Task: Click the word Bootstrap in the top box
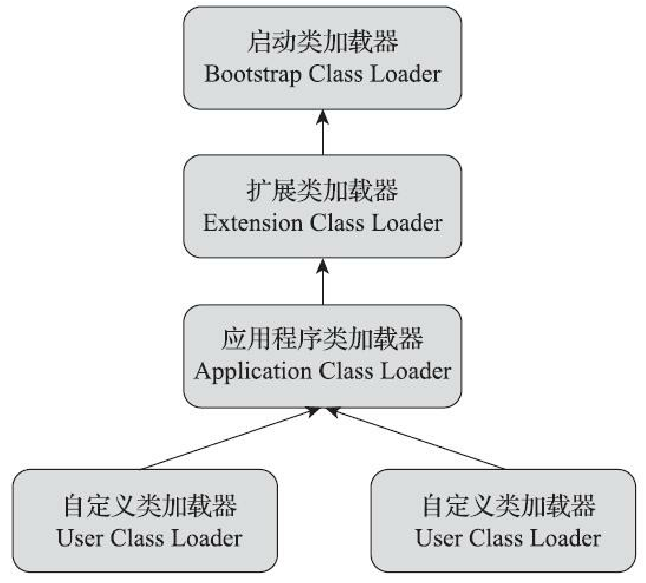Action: (253, 74)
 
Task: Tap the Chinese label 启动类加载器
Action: (322, 42)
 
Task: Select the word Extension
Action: (252, 223)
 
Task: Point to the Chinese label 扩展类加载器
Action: (322, 191)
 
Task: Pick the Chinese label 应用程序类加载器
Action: (322, 339)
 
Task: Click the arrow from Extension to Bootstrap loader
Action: (323, 132)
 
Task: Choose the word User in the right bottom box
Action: (438, 538)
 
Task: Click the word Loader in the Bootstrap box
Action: (405, 74)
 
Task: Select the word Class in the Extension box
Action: (336, 223)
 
